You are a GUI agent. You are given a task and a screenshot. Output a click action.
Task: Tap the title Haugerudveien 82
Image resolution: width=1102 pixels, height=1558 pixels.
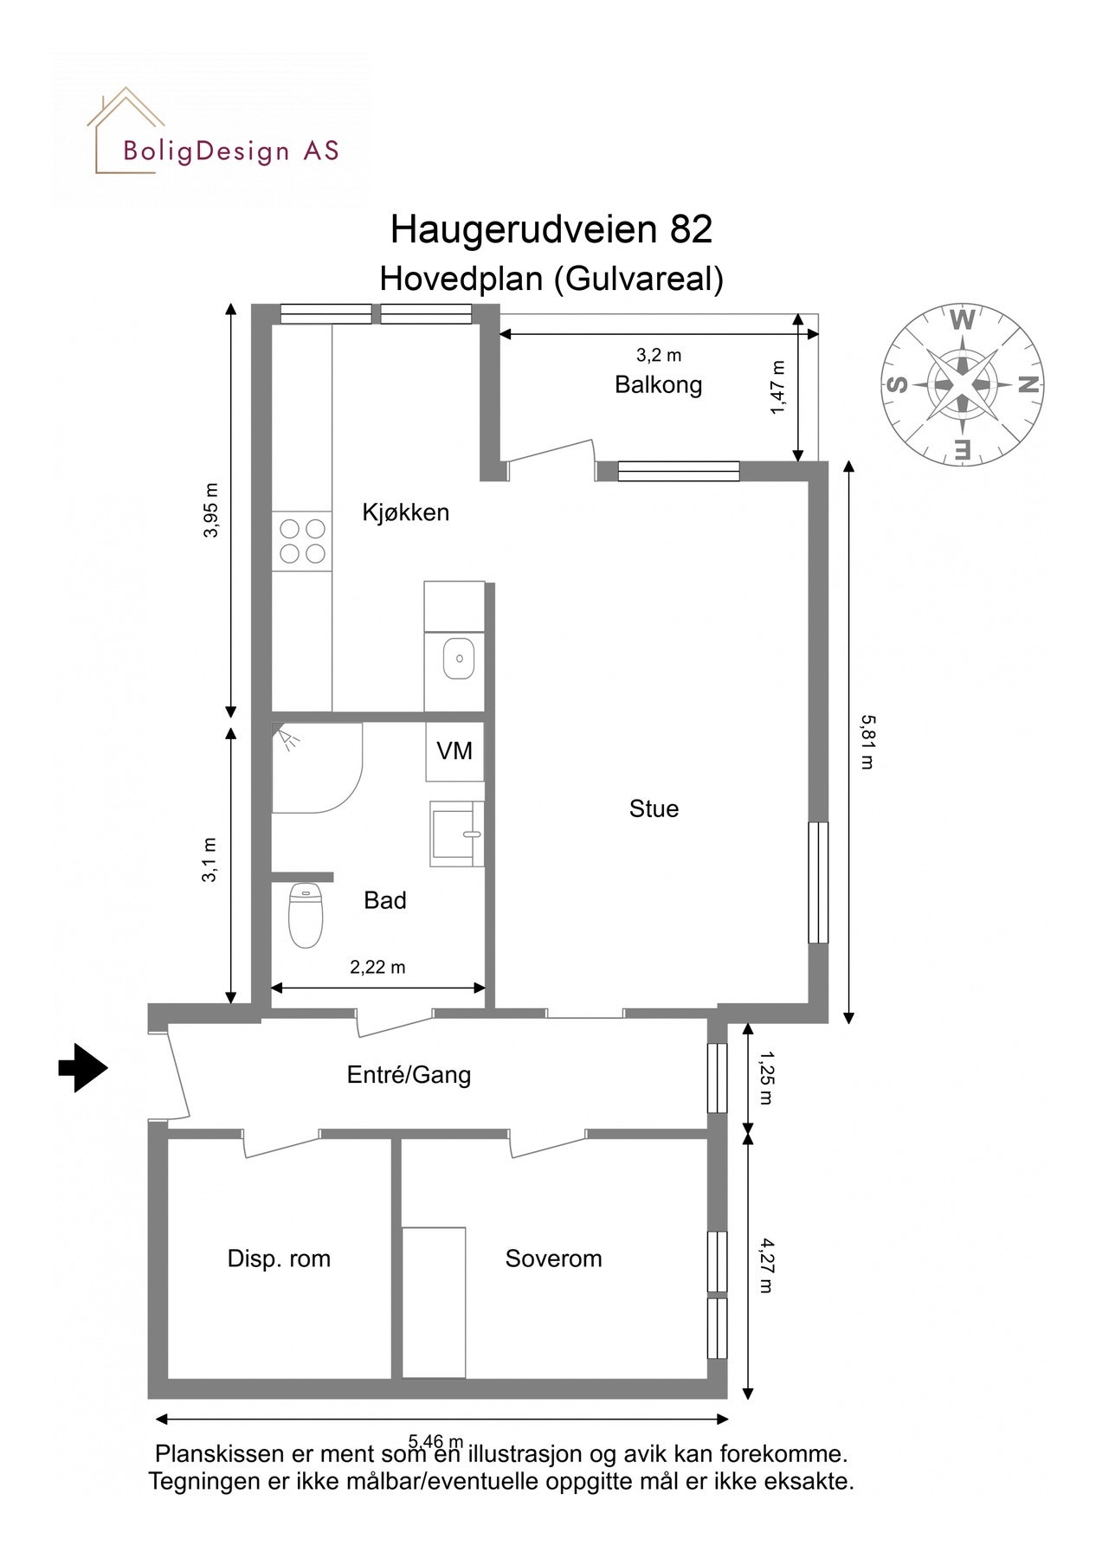(551, 229)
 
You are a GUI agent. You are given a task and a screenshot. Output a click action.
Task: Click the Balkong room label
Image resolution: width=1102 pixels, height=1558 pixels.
(658, 384)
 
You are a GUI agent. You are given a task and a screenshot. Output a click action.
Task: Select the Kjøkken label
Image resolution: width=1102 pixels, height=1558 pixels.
(405, 512)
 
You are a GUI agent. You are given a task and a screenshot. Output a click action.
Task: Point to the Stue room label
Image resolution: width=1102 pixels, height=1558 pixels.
(654, 808)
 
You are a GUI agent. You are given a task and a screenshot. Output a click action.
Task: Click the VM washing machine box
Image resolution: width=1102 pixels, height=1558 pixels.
(454, 751)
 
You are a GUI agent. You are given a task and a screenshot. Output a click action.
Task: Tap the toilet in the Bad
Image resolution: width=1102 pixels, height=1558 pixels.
(305, 915)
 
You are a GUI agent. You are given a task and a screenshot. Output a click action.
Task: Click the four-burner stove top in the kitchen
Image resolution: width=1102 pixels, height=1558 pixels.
(302, 541)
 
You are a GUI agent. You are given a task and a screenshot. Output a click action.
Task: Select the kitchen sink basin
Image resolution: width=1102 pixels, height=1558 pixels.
(458, 660)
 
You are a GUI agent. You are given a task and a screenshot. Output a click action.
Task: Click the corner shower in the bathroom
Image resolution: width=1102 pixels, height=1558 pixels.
(312, 767)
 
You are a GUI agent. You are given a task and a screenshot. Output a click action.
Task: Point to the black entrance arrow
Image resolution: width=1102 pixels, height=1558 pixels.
(83, 1067)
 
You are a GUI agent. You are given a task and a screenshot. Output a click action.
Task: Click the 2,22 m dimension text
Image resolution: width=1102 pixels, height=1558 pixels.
(377, 968)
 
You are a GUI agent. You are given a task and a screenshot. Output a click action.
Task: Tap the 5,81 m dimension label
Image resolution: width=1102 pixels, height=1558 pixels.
(867, 742)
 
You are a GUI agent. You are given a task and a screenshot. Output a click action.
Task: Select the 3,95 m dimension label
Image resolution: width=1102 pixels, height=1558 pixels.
(211, 510)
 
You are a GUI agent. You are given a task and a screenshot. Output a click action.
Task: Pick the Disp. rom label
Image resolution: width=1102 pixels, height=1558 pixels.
(279, 1259)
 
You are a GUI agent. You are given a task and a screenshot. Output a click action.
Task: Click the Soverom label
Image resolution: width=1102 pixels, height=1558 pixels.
(553, 1259)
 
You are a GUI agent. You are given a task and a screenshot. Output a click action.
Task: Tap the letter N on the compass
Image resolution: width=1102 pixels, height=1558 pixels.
(1028, 384)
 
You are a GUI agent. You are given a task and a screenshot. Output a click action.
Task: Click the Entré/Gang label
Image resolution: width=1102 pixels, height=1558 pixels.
(409, 1075)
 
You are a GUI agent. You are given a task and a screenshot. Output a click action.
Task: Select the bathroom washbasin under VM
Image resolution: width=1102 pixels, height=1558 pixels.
(455, 834)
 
